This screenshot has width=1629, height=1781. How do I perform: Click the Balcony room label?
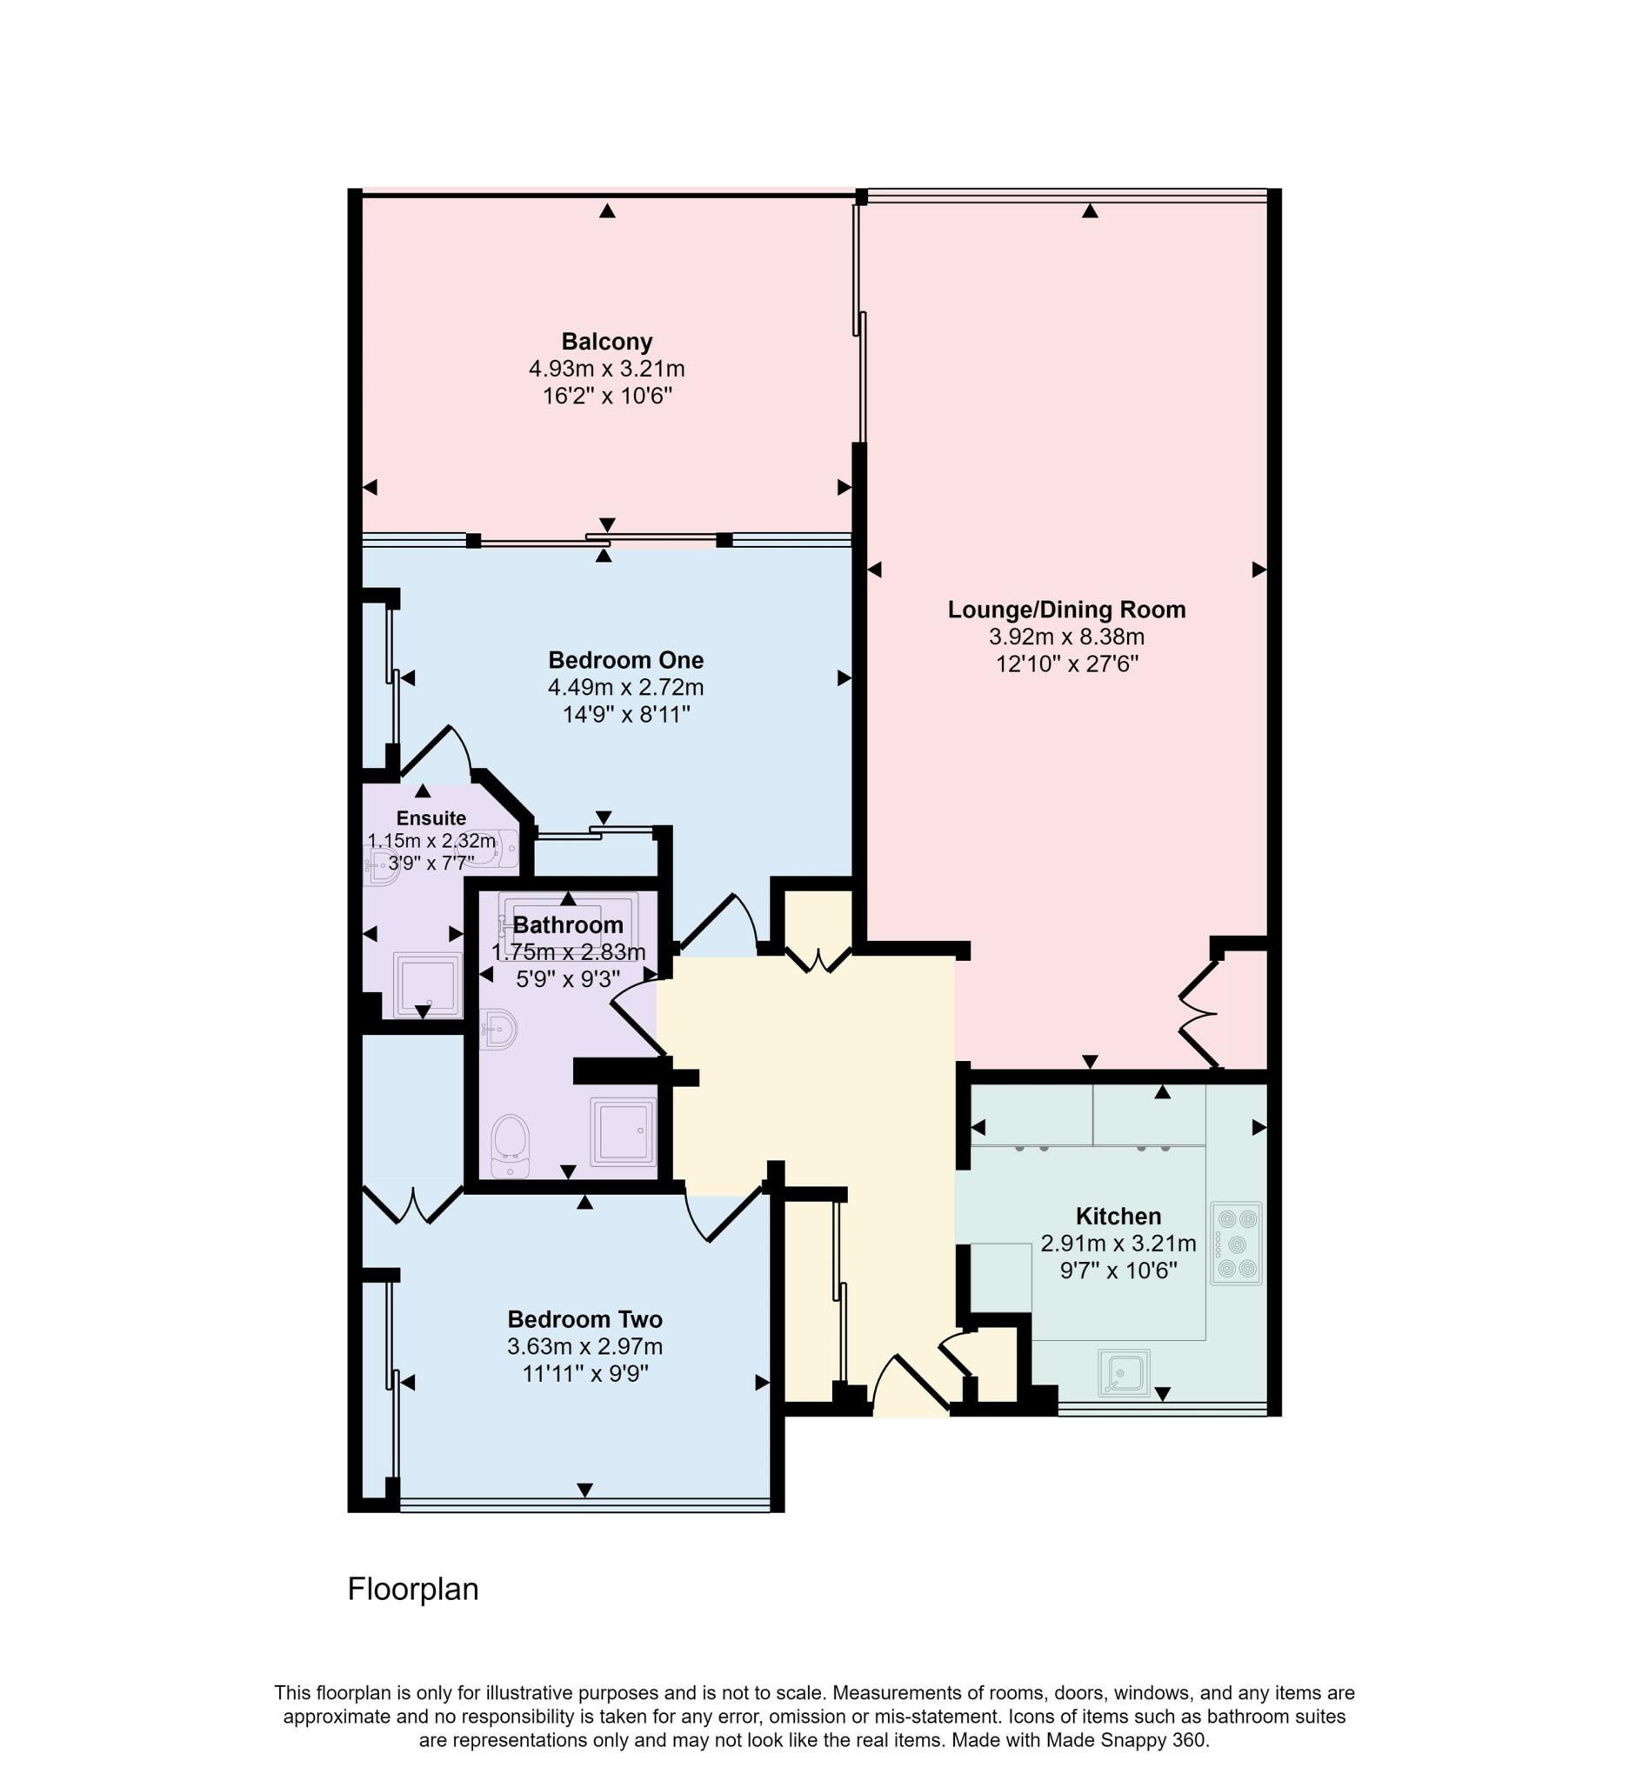607,342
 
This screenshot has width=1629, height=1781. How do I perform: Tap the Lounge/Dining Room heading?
1066,610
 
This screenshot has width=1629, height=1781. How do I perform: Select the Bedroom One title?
625,660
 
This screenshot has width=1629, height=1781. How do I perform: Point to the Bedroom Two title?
584,1319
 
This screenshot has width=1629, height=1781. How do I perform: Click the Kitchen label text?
1118,1216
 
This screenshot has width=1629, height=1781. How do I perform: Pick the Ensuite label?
431,818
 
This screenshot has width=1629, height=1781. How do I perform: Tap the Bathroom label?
568,925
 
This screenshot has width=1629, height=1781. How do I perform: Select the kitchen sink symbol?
1124,1373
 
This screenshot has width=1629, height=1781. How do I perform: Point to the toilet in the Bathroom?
510,1146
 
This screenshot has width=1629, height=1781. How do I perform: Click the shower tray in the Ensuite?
427,985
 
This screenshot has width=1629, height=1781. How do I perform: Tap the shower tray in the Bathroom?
623,1131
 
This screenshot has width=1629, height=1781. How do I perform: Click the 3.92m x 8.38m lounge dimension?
1066,636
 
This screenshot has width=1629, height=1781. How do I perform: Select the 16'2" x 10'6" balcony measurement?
607,396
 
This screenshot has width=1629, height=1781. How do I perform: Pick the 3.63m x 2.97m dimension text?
584,1346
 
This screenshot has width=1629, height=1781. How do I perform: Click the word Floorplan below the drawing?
412,1589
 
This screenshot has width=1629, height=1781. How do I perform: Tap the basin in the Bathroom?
499,1028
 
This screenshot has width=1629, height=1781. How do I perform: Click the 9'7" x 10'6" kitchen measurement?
1118,1271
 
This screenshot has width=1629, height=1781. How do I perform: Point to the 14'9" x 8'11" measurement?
625,714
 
